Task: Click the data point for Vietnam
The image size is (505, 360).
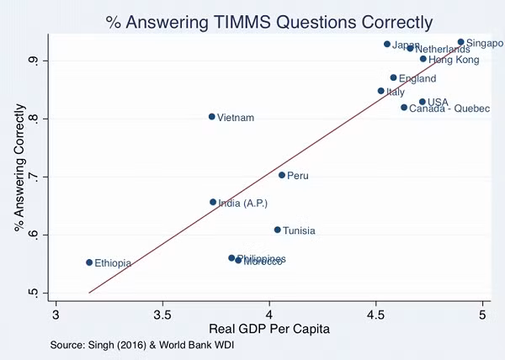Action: [212, 117]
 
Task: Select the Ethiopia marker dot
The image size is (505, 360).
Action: [89, 262]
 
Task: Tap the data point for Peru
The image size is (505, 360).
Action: [282, 175]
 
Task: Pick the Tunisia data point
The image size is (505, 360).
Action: [277, 230]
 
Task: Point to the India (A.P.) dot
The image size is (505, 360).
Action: [213, 202]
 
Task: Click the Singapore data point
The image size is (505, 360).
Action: [461, 42]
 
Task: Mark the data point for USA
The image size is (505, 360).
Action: [423, 102]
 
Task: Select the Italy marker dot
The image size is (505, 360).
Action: [380, 91]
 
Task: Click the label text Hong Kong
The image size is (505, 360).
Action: [454, 61]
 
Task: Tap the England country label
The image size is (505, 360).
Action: [417, 79]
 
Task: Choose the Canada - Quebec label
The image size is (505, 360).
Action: [449, 109]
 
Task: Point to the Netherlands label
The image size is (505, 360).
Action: [443, 50]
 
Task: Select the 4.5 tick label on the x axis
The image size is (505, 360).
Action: [376, 315]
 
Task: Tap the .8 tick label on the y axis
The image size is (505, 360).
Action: [33, 119]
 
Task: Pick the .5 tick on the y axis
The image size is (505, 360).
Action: [33, 293]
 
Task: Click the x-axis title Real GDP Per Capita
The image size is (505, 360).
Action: [269, 331]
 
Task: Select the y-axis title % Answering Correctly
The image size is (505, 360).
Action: [19, 168]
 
